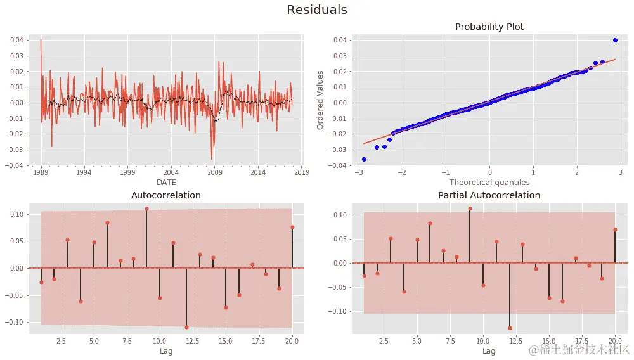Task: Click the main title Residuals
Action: point(317,10)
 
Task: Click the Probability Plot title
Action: point(489,27)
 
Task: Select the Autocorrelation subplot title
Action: point(165,195)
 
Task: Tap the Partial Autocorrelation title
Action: point(489,195)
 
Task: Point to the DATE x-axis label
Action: point(166,182)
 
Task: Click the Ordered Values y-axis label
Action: point(321,100)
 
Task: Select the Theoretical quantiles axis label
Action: point(489,182)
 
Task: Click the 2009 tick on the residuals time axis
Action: point(214,172)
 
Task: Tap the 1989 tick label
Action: point(41,172)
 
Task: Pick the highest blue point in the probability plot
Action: point(615,40)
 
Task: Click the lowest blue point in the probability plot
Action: point(364,159)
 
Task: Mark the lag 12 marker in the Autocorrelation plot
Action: point(186,327)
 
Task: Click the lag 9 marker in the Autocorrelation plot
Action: point(146,209)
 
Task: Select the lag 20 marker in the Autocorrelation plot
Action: point(292,227)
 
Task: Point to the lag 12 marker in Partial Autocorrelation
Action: point(510,328)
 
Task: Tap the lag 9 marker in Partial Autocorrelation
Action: point(470,209)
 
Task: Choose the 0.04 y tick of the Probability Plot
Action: point(340,40)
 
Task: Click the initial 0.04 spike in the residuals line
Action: point(41,40)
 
